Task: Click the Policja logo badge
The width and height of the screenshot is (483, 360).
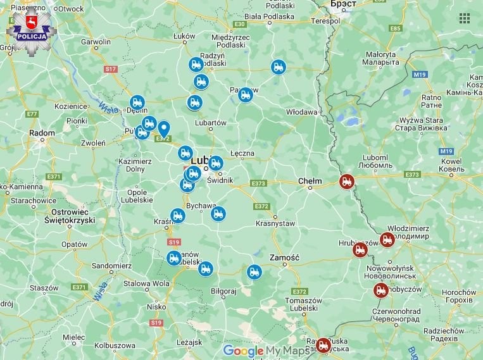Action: click(31, 30)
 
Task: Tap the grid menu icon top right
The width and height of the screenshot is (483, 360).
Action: click(464, 18)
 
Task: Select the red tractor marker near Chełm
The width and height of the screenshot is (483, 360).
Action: click(346, 182)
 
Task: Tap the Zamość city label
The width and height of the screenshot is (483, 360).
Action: click(284, 258)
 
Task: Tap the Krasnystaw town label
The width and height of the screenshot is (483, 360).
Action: click(275, 223)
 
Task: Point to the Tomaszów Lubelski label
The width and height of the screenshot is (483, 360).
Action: click(301, 304)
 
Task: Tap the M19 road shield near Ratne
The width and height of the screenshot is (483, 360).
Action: click(420, 75)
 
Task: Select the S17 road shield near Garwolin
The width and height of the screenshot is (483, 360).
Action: click(111, 68)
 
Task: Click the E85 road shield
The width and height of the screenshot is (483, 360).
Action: click(396, 28)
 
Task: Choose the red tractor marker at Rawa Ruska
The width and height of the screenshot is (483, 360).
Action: click(323, 345)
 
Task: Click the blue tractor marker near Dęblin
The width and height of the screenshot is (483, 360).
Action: click(137, 102)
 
